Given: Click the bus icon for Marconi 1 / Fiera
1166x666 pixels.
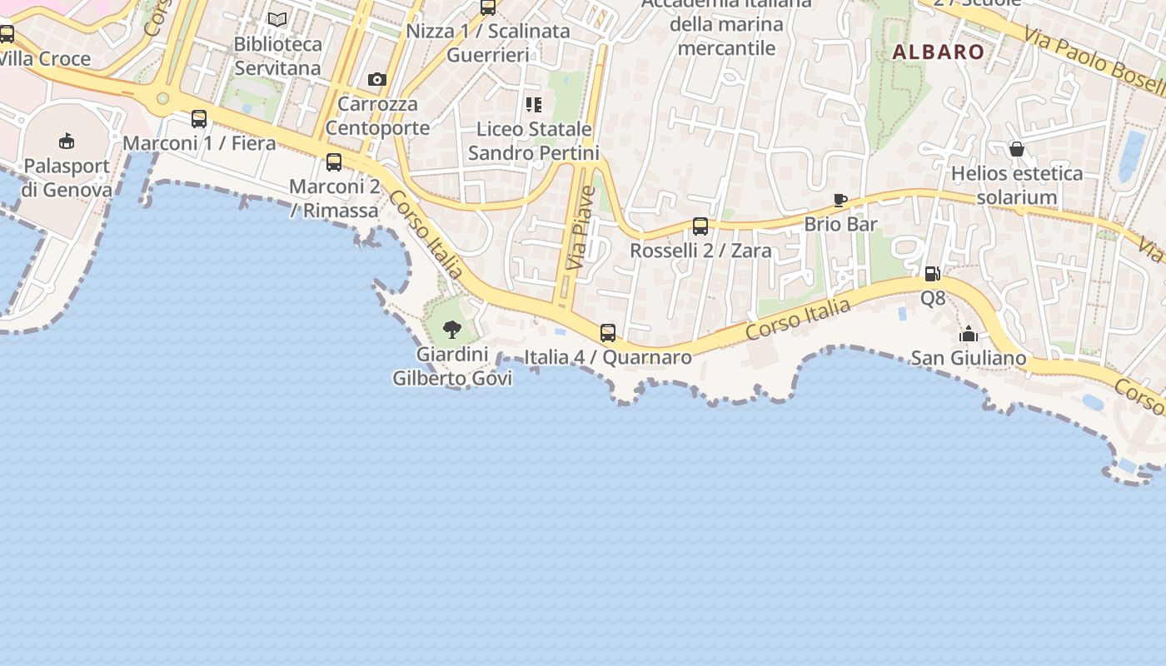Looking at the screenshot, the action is point(199,119).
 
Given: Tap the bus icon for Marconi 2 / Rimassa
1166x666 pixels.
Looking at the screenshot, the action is point(334,162).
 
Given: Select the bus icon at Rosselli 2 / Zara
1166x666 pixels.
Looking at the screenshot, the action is point(700,226).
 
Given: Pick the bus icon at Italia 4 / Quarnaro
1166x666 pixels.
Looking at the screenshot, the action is point(608,333).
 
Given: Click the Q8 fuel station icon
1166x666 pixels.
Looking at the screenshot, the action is point(933,274).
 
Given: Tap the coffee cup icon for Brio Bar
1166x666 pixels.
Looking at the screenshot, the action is point(840,201).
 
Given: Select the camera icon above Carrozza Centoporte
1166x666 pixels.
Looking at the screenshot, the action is point(377,80).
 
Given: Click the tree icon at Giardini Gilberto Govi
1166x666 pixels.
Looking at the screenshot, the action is point(452,330).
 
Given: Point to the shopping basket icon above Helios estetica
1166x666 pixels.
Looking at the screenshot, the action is point(1017,150).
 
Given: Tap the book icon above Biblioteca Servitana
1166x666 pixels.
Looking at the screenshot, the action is point(277,19).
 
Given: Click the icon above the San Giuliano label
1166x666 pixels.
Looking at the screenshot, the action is point(969,335).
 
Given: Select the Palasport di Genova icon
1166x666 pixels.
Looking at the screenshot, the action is point(67,142).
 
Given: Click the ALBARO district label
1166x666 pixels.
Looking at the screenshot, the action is point(939,52).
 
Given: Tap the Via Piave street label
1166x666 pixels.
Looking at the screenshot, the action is point(581,226).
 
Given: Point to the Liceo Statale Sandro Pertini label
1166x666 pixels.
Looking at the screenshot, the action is point(534,142).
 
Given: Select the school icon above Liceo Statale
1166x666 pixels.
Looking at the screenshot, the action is point(534,105).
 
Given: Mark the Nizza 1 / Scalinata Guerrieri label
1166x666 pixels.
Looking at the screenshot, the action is point(488,43).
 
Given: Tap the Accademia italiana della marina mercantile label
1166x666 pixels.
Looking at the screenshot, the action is point(726,25).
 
